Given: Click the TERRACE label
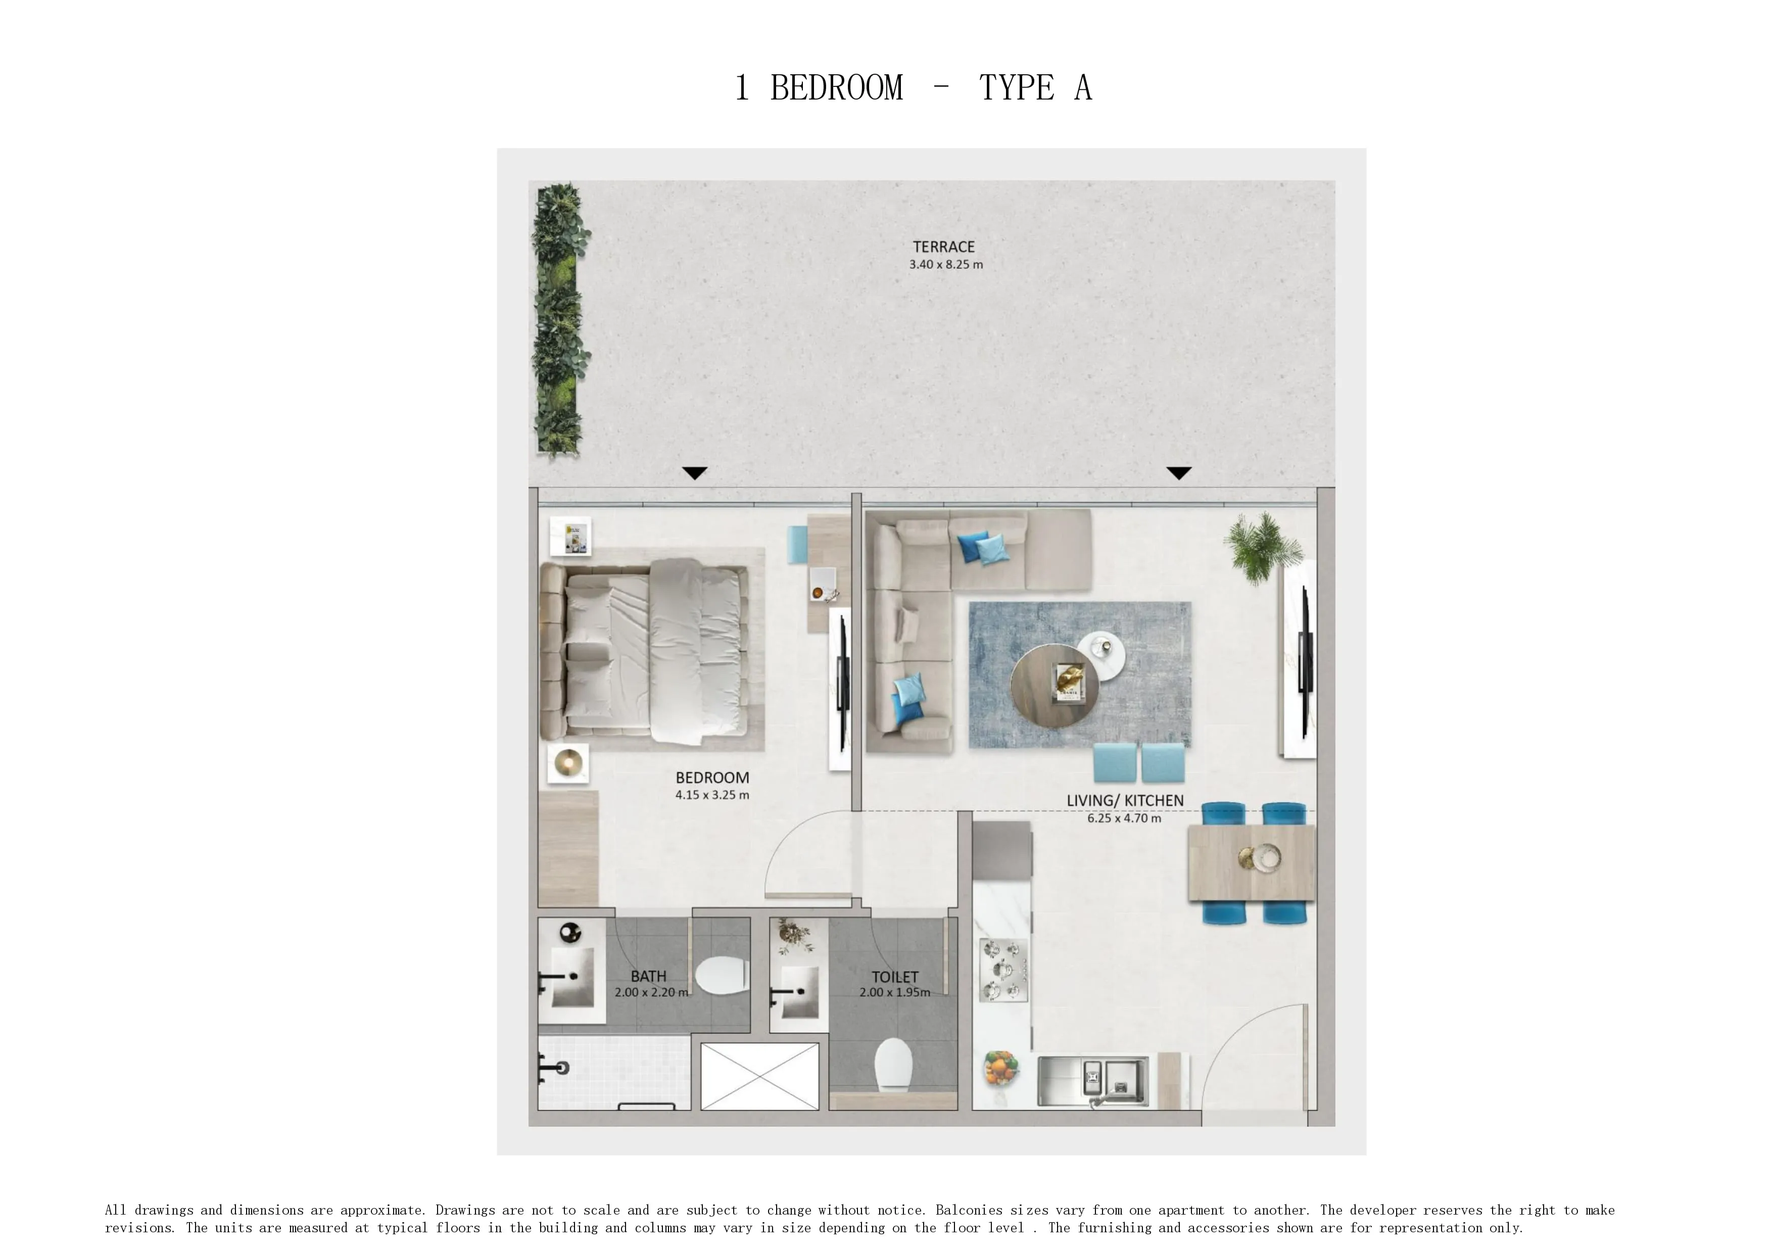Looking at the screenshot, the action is tap(943, 247).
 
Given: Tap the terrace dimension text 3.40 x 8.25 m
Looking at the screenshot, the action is tap(946, 264).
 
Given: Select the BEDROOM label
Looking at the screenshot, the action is tap(712, 778).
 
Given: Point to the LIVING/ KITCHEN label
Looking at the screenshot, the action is tap(1125, 801).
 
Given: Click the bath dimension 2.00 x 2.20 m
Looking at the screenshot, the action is tap(651, 992).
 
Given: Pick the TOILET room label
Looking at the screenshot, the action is tap(895, 977).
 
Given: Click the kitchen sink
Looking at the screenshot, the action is tap(1092, 1081).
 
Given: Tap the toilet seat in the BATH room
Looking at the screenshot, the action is tap(722, 976).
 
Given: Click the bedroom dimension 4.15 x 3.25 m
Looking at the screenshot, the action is tap(712, 795).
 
